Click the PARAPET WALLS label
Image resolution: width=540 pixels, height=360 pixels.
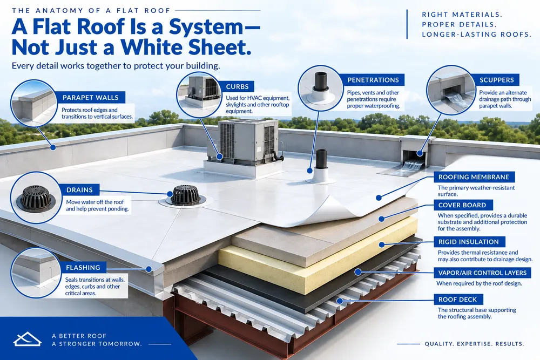[x=90, y=97]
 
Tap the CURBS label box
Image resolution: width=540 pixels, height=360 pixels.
[x=237, y=86]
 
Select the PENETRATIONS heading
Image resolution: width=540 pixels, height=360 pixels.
[x=373, y=80]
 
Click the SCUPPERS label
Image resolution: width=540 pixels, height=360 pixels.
[x=497, y=80]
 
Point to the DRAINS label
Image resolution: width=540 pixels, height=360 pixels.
[x=79, y=189]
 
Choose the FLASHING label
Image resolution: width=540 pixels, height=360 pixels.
[x=83, y=267]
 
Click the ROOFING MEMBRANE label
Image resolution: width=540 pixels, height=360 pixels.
[x=474, y=177]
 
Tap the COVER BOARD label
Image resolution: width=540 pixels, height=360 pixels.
[x=462, y=205]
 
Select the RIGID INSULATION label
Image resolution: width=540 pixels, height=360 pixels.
[x=468, y=242]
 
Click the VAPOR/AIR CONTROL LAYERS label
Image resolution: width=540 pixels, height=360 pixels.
[x=482, y=273]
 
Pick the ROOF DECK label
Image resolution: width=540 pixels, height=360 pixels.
[x=457, y=299]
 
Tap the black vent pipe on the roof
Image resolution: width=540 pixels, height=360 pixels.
[x=321, y=159]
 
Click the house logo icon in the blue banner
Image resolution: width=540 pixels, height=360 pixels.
[x=27, y=339]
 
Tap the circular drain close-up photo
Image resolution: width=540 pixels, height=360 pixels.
[x=36, y=198]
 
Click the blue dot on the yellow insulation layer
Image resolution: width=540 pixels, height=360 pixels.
[x=382, y=244]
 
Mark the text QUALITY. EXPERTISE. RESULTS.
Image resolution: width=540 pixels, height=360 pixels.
[x=474, y=344]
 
